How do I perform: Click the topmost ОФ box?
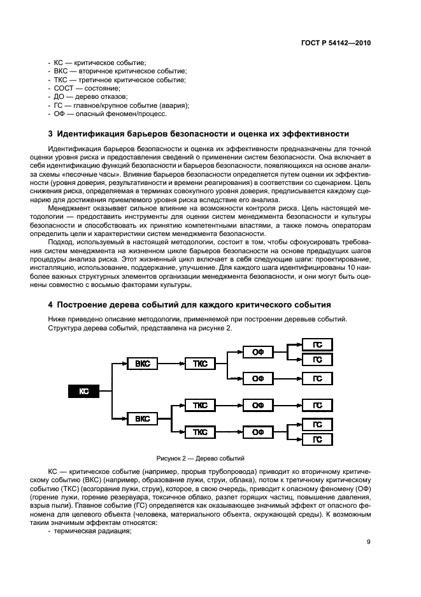(258, 351)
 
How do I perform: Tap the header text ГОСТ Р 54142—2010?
(335, 44)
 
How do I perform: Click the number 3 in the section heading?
(51, 134)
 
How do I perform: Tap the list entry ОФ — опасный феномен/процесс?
(106, 114)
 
